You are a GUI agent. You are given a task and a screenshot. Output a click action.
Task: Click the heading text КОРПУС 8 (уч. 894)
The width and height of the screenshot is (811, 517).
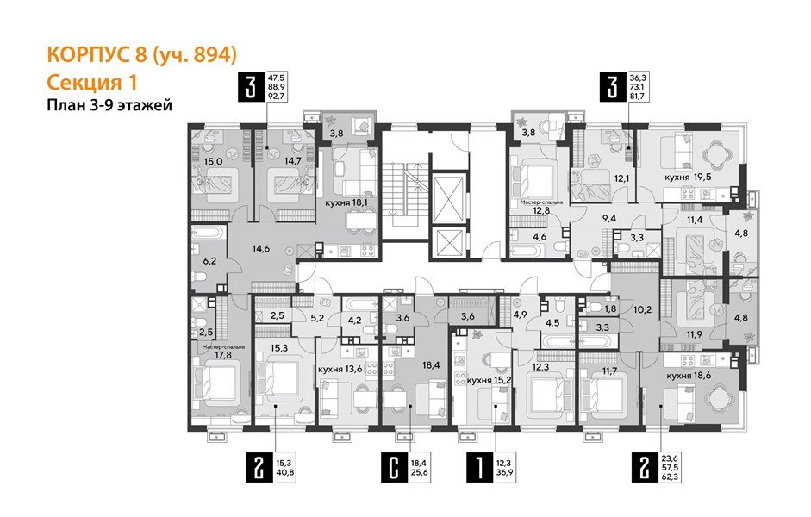pyautogui.click(x=140, y=55)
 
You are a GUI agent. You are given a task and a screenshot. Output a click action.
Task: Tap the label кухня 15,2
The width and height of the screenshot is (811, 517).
pyautogui.click(x=490, y=380)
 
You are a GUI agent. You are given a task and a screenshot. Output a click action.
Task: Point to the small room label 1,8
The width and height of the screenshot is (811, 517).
pyautogui.click(x=610, y=308)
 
